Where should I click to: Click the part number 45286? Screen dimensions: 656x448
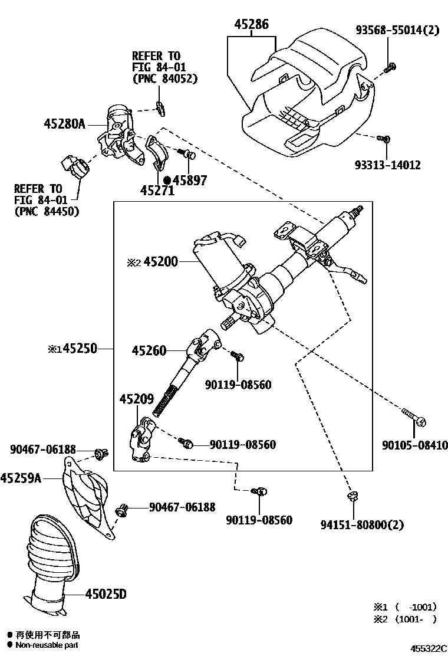[251, 25]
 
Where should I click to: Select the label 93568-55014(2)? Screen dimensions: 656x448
[397, 29]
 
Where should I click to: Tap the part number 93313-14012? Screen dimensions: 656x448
[388, 165]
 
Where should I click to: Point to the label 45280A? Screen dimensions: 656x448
[65, 124]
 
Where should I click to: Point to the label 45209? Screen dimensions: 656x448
[137, 399]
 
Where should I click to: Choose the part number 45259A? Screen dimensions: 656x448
[21, 478]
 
